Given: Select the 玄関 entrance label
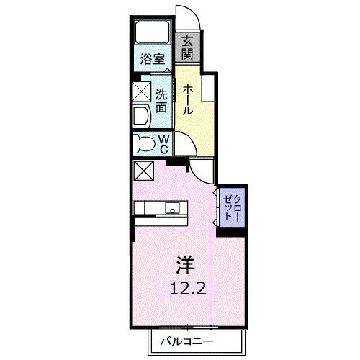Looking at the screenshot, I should click(x=187, y=49).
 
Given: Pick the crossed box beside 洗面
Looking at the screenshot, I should click(x=140, y=94).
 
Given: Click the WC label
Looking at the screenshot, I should click(x=163, y=142).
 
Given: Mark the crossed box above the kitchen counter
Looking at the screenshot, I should click(x=143, y=171).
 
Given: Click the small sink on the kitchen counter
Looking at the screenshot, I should click(x=173, y=209).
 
